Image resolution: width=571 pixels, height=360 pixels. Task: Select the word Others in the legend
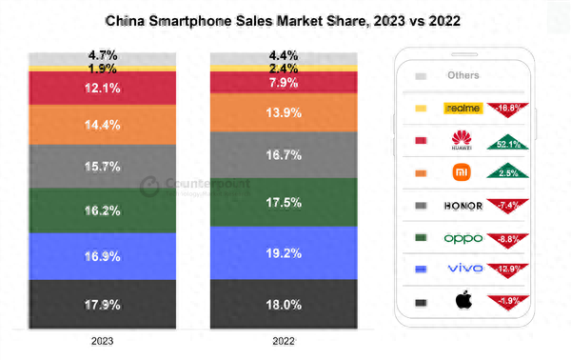pos(463,75)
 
